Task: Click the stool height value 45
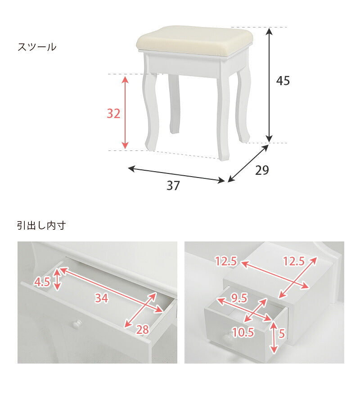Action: tap(283, 81)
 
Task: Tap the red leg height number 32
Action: tap(113, 114)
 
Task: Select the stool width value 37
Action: tap(173, 185)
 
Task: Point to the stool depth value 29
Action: tap(262, 170)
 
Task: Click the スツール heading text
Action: tap(37, 47)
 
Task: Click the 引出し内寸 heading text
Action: tap(41, 226)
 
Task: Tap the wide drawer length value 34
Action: tap(101, 298)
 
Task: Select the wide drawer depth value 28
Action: tap(142, 330)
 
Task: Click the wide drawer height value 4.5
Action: tap(42, 282)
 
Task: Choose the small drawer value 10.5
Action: tap(243, 332)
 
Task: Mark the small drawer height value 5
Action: tap(282, 334)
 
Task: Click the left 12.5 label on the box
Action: tap(226, 261)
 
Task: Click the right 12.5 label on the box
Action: tap(293, 261)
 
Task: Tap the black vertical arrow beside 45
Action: tap(269, 85)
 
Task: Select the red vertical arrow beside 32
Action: tap(126, 113)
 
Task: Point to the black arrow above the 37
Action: tap(176, 175)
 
